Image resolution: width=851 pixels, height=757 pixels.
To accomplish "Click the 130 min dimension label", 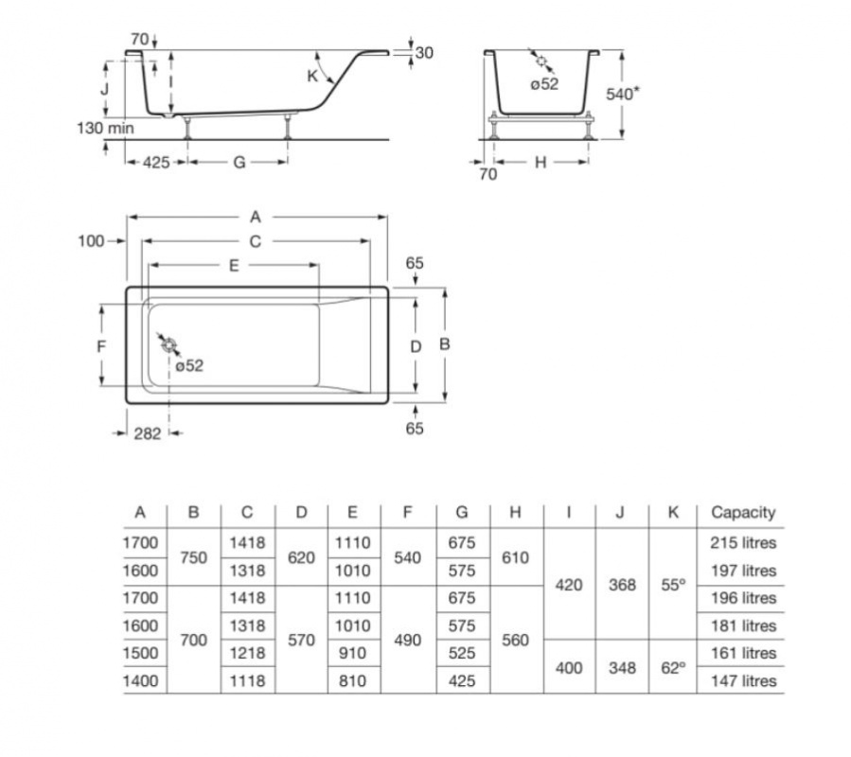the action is click(x=105, y=128).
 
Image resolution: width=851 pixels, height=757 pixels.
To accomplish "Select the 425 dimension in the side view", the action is click(x=156, y=162).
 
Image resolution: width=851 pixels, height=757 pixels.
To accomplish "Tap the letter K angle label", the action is click(x=312, y=76).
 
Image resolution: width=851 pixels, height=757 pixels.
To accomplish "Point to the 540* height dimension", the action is click(x=622, y=94).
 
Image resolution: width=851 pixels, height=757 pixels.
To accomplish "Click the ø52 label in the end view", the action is click(x=544, y=84).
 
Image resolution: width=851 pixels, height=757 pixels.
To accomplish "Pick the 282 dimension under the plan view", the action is click(x=148, y=433).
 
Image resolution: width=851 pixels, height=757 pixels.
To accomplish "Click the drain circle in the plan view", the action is click(x=169, y=344).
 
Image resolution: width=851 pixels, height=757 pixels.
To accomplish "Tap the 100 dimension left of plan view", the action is click(x=91, y=241).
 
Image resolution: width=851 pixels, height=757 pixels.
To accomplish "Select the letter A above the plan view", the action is click(x=256, y=217).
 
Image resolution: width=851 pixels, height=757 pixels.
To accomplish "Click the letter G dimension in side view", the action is click(x=239, y=162).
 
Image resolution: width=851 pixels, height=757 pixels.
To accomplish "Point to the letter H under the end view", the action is click(x=541, y=162).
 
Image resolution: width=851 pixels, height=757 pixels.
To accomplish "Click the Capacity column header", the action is click(x=743, y=512).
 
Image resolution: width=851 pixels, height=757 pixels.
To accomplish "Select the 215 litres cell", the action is click(x=743, y=542).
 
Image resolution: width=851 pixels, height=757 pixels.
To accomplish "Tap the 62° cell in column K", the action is click(x=673, y=668).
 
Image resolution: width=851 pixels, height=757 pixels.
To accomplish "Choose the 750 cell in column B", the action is click(x=194, y=557).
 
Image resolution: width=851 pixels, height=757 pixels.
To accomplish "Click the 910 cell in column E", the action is click(x=352, y=653).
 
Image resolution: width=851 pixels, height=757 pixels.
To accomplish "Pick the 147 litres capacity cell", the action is click(x=743, y=680).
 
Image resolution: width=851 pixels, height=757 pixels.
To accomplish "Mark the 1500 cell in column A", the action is click(x=140, y=653).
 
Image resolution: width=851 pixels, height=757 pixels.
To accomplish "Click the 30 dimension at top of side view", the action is click(x=424, y=53).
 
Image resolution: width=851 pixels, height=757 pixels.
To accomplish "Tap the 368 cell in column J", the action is click(x=622, y=585).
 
